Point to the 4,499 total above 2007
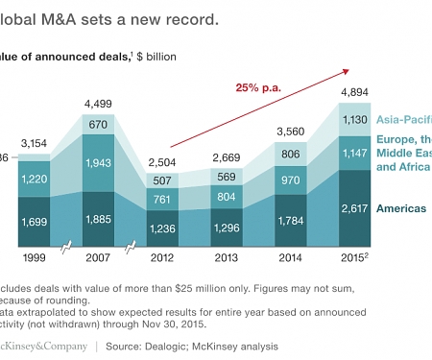pos(101,104)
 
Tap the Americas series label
pos(399,207)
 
